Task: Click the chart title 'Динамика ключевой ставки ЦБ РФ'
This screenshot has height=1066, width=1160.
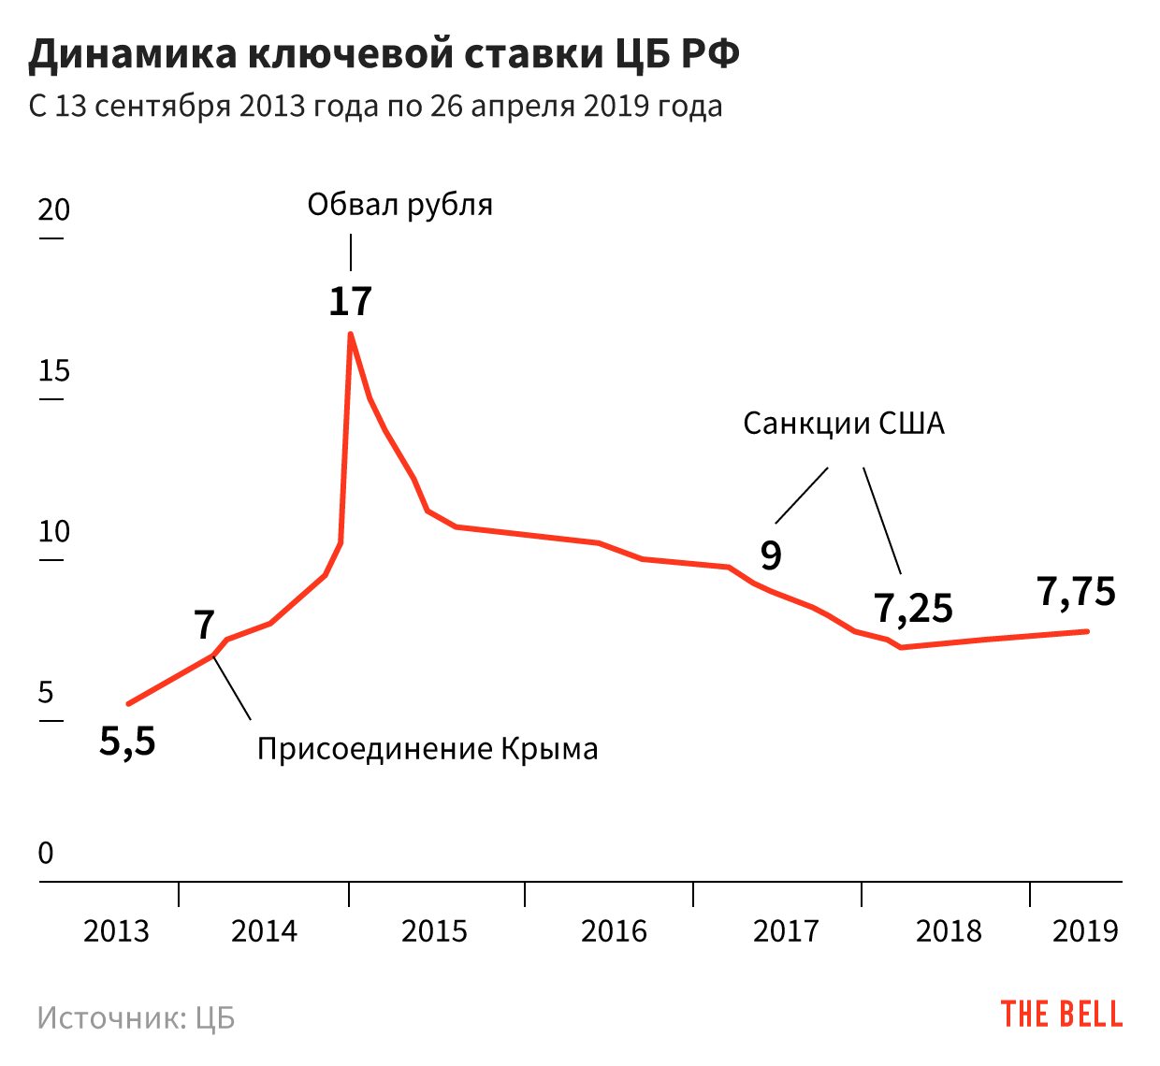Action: click(x=384, y=54)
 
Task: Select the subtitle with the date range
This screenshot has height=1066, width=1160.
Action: click(x=375, y=106)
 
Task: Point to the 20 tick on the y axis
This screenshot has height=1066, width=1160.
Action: click(x=53, y=209)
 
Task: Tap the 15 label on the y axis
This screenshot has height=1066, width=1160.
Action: click(x=53, y=371)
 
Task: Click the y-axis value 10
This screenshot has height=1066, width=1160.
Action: click(x=53, y=532)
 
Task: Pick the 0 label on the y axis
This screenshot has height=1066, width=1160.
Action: click(x=46, y=853)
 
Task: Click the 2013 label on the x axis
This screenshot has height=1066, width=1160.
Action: click(x=116, y=931)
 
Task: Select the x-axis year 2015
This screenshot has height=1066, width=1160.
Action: click(x=434, y=931)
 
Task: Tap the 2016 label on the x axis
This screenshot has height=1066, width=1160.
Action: click(x=614, y=931)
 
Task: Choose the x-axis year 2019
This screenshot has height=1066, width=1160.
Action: click(x=1085, y=931)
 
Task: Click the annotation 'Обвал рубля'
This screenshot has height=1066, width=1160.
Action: click(x=399, y=205)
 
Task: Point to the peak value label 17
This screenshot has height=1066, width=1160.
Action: click(x=351, y=301)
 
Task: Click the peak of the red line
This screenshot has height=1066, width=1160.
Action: click(x=351, y=334)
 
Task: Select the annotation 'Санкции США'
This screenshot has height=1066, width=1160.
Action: click(x=844, y=424)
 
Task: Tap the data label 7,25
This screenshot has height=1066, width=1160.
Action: click(x=914, y=609)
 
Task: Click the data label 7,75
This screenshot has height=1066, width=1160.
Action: click(x=1077, y=592)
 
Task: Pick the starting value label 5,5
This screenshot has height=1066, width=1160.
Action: click(x=128, y=742)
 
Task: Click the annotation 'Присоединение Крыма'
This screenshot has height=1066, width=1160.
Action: click(x=428, y=749)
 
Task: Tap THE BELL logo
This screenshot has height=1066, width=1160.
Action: click(x=1062, y=1015)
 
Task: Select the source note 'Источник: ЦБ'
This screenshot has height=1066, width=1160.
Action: click(x=137, y=1017)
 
